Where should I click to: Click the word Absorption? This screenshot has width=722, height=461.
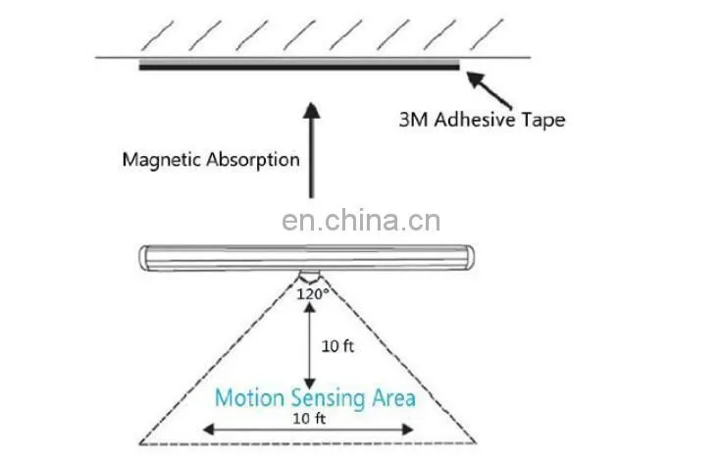(x=253, y=161)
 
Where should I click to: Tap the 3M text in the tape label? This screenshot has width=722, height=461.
(x=414, y=120)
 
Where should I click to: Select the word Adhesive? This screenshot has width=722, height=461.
(x=475, y=120)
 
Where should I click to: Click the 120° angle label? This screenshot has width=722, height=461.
(x=313, y=294)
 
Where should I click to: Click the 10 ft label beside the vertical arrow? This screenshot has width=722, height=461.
(x=337, y=346)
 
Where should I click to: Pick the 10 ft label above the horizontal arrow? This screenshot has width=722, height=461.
(x=309, y=419)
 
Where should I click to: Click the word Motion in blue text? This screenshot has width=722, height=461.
(x=249, y=398)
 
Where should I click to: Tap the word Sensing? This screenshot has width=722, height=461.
(x=328, y=399)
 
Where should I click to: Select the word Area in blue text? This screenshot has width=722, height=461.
(x=393, y=398)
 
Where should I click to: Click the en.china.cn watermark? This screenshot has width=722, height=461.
(x=361, y=221)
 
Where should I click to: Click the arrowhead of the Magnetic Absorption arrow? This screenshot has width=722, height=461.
(x=312, y=110)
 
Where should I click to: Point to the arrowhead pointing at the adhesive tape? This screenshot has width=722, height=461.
(x=475, y=79)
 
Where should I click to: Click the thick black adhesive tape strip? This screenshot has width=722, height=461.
(x=299, y=68)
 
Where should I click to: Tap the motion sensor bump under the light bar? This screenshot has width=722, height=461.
(x=309, y=277)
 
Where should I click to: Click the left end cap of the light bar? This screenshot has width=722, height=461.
(x=144, y=258)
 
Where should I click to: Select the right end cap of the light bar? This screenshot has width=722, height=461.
(x=469, y=258)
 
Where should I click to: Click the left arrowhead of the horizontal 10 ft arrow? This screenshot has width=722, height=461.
(x=209, y=430)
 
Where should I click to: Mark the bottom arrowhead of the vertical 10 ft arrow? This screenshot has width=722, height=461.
(x=310, y=384)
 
